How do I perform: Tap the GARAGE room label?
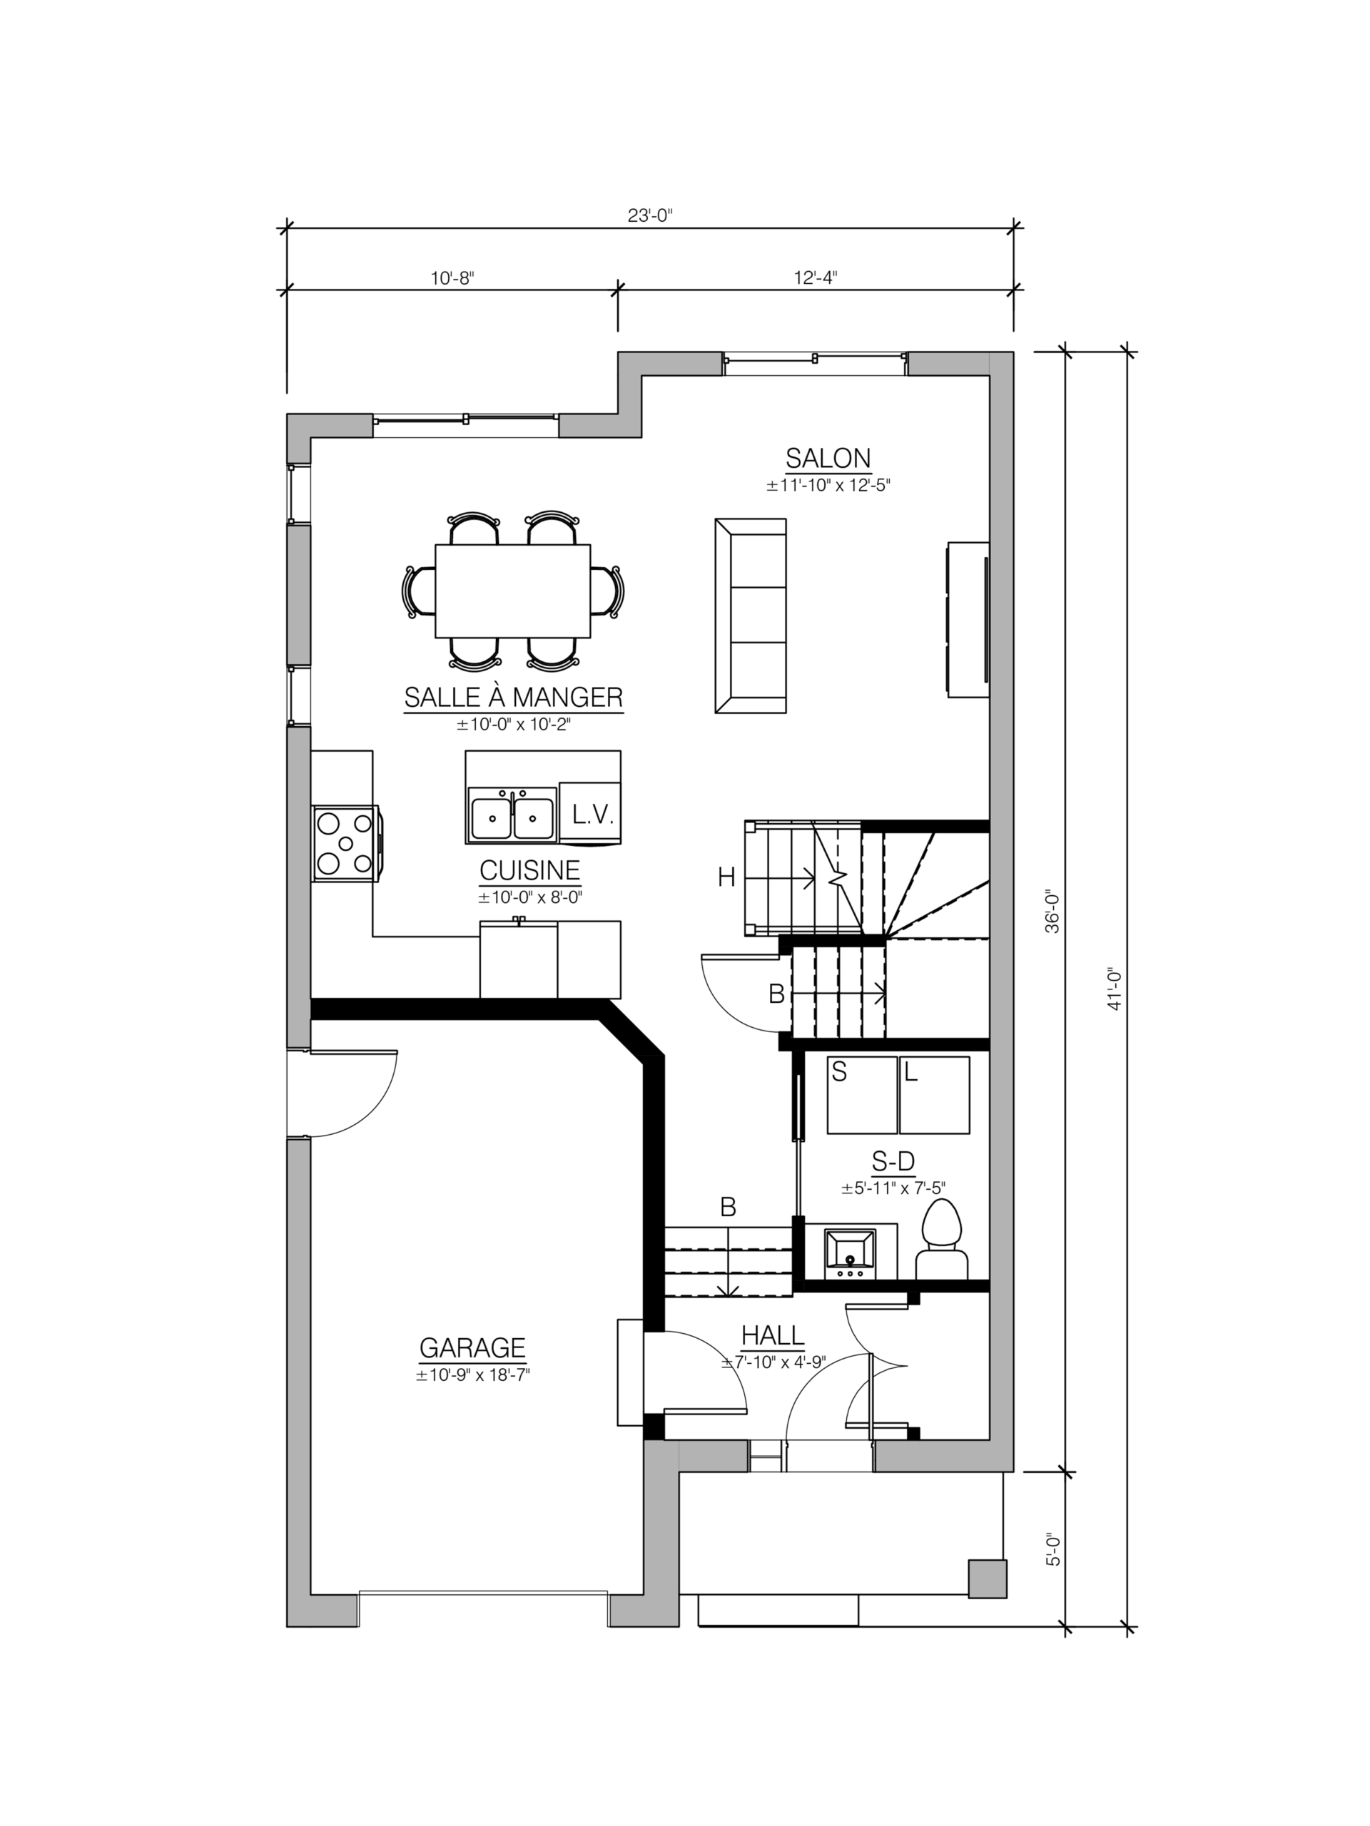472,1347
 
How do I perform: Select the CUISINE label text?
530,870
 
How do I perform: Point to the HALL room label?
773,1335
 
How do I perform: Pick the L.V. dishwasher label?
593,815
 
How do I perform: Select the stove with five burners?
346,843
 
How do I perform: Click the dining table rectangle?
513,591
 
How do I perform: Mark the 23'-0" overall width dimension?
651,215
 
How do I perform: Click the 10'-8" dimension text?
452,278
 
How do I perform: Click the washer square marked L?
935,1095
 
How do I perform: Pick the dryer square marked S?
862,1095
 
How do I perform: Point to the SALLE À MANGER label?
514,698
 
